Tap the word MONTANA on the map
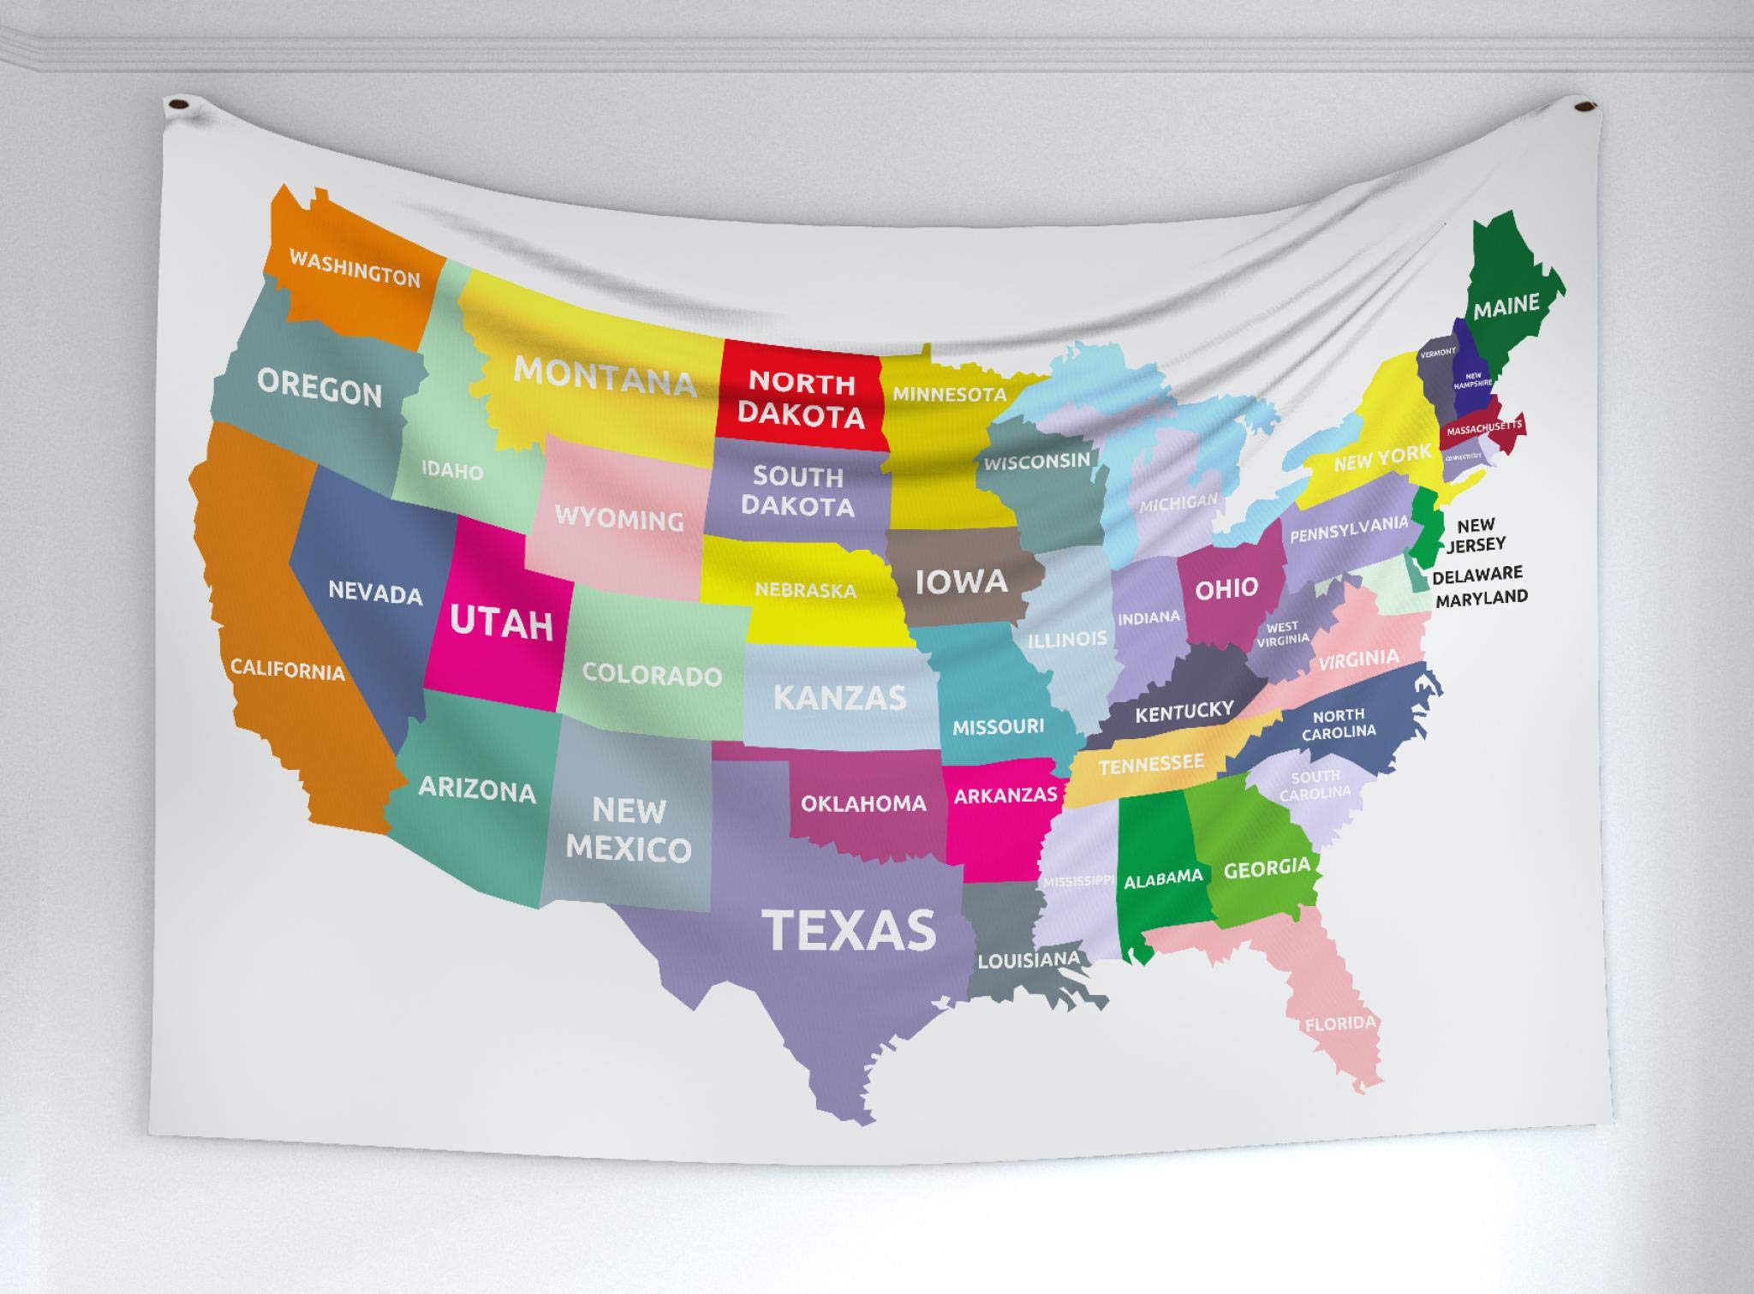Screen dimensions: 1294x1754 [x=605, y=376]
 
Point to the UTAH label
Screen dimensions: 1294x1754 [x=502, y=623]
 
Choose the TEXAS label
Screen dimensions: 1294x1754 [x=849, y=930]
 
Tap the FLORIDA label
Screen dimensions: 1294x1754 [x=1340, y=1023]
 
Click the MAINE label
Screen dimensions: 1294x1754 [x=1506, y=306]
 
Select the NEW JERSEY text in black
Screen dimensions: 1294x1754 [x=1476, y=535]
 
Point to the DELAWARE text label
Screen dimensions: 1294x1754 [x=1477, y=575]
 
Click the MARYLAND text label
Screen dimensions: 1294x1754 [x=1482, y=598]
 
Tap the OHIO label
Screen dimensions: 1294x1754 [x=1226, y=588]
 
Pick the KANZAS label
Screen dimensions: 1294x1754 [x=839, y=697]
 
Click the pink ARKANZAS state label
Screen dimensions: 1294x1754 [x=1005, y=795]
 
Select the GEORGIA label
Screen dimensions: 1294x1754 [x=1267, y=869]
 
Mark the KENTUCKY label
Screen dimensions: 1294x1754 [x=1184, y=711]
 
